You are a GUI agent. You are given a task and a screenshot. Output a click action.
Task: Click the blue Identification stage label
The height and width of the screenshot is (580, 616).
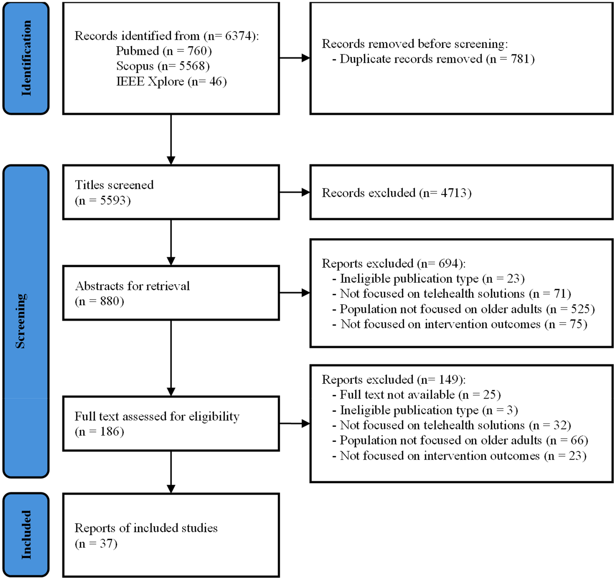coord(26,58)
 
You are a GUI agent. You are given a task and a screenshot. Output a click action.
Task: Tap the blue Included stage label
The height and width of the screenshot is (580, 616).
coord(26,535)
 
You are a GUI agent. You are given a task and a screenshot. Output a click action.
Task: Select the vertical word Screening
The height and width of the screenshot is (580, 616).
coord(20,321)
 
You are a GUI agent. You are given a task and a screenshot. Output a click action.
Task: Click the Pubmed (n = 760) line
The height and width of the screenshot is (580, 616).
coord(164,51)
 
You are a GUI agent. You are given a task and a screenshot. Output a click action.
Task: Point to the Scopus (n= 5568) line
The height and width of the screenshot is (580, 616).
coord(163,66)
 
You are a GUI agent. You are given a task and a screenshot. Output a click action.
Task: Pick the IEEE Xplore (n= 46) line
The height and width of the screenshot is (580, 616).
coord(171,82)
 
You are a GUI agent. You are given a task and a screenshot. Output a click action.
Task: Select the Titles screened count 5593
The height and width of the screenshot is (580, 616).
coord(112,200)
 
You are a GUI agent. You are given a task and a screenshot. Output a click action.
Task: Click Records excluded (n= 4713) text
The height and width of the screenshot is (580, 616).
coord(396,193)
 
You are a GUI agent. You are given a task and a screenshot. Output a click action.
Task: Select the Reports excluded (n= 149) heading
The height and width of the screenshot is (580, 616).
coord(393,380)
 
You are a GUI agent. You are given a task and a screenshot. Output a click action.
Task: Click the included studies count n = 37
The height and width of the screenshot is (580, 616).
coord(96,544)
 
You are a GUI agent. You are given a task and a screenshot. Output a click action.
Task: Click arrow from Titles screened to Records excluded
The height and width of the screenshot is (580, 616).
coord(294,192)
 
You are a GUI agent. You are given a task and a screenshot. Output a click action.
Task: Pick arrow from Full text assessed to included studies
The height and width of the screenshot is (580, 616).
coord(171,472)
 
